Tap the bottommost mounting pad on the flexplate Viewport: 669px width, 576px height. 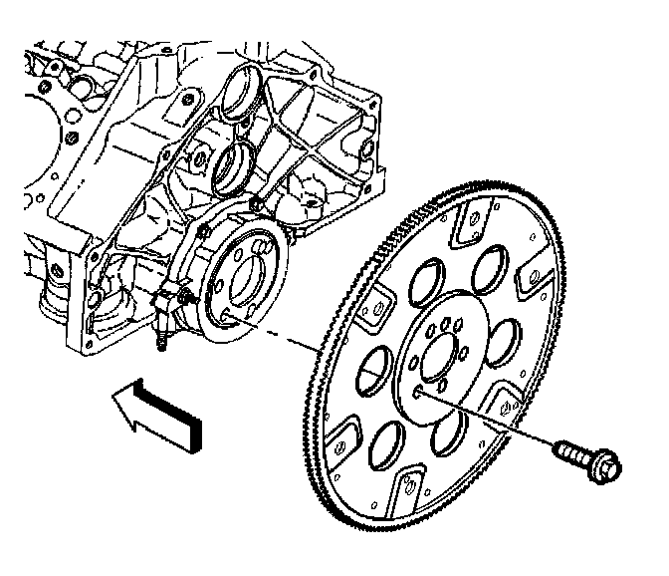point(408,489)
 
